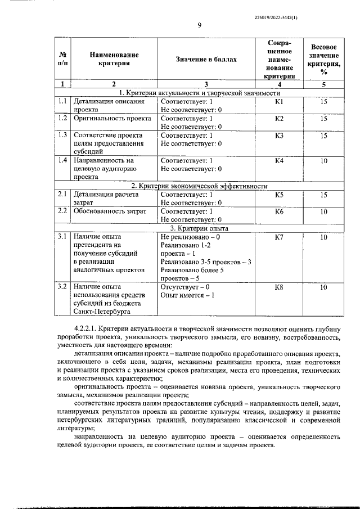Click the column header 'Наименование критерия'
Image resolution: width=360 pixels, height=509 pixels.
[x=114, y=59]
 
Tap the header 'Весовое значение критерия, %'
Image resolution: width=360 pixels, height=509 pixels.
[x=323, y=59]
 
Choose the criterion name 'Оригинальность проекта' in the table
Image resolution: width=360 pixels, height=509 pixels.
[x=112, y=119]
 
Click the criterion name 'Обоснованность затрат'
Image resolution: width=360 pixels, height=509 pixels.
[x=110, y=211]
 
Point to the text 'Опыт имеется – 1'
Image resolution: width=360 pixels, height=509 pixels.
[x=187, y=295]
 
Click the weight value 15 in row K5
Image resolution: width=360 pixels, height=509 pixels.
[x=323, y=195]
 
